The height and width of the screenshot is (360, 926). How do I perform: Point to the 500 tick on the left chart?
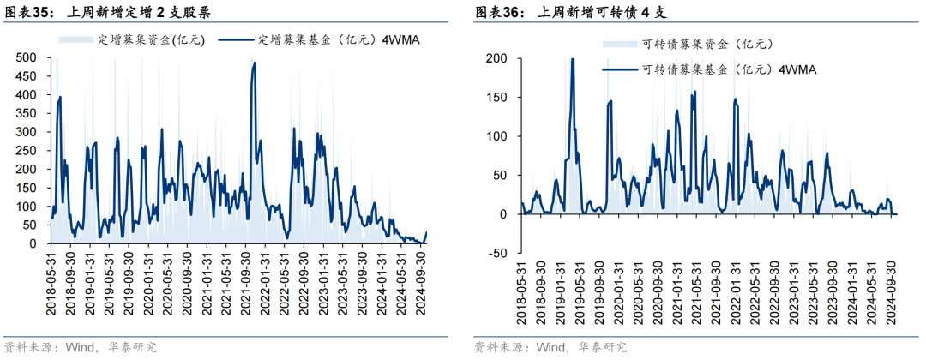pyautogui.click(x=25, y=57)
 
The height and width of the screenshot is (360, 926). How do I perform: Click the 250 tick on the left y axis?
pyautogui.click(x=25, y=150)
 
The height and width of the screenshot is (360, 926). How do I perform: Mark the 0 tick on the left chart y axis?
pyautogui.click(x=32, y=243)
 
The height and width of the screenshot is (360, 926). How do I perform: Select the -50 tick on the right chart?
pyautogui.click(x=496, y=253)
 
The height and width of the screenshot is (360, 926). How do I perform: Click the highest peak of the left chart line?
pyautogui.click(x=255, y=63)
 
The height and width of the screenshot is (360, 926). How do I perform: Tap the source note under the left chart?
pyautogui.click(x=81, y=347)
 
